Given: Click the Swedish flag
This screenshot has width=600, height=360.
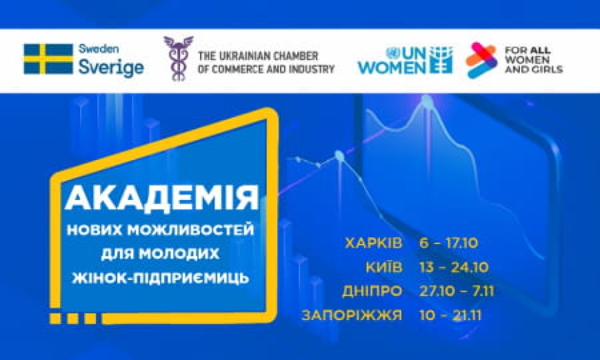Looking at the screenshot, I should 48,59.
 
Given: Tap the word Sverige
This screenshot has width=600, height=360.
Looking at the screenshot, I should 111,68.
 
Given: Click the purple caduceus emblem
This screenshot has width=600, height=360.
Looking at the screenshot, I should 178,59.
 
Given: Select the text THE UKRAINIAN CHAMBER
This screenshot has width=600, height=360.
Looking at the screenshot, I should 257,54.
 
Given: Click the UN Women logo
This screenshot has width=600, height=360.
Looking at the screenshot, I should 405,60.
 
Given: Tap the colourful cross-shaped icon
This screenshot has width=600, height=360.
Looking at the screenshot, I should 481,60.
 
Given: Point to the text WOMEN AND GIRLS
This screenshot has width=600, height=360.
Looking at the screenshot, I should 534,69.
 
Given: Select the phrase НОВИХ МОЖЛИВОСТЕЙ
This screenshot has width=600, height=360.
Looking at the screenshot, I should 161,229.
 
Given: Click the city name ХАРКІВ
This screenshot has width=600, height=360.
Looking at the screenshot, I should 373,243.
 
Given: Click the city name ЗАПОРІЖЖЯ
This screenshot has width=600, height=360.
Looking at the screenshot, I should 352,316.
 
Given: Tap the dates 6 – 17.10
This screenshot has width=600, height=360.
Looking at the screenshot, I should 448,243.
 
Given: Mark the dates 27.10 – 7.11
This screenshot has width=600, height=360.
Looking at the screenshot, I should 457,291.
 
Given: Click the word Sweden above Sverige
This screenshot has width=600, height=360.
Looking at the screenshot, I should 99,50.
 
